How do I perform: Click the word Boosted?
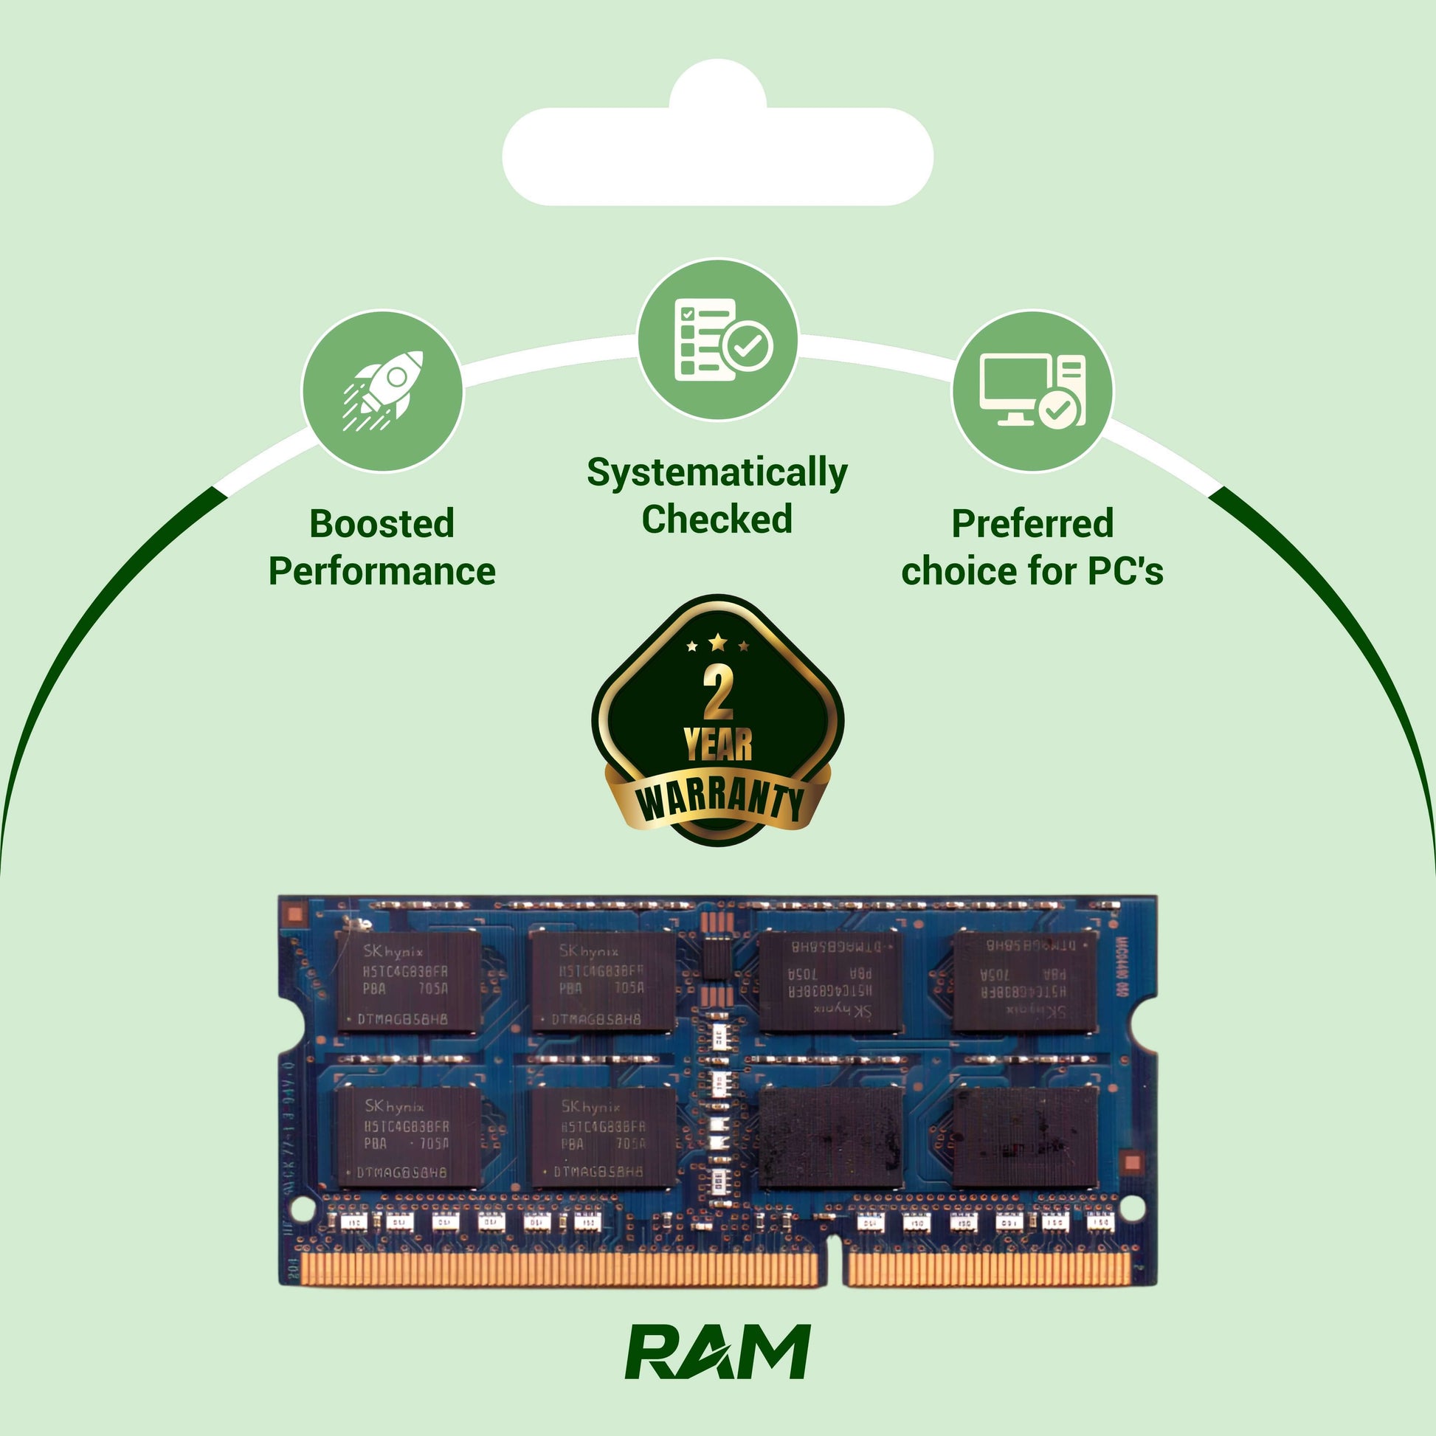coord(382,524)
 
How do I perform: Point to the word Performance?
coord(382,572)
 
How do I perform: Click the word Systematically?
coord(717,473)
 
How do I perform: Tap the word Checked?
coord(717,519)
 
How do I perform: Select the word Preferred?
coord(1032,524)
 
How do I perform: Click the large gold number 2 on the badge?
coord(717,693)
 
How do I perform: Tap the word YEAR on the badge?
coord(717,745)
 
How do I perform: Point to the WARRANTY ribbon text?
coord(719,801)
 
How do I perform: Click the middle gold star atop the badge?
coord(717,641)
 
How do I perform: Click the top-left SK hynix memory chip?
coord(407,982)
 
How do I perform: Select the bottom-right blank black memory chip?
coord(1025,1137)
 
